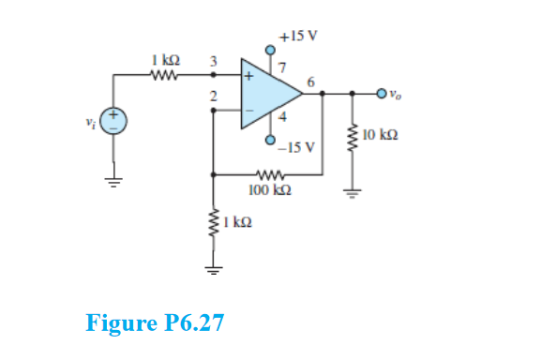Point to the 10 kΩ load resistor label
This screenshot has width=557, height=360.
380,137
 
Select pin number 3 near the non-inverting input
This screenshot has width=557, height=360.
213,61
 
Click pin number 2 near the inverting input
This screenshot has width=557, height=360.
213,97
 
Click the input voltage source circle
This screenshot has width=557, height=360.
114,121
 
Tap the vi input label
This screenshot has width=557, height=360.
91,121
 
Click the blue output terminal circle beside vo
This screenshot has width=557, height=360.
381,93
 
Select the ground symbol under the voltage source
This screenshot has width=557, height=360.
114,181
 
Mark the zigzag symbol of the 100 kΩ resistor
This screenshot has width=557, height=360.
269,173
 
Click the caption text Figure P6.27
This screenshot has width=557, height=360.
155,323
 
